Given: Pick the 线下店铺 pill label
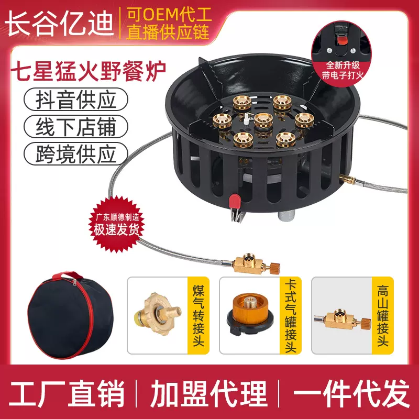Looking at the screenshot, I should tap(76, 126).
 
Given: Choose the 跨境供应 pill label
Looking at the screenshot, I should tap(76, 153).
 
